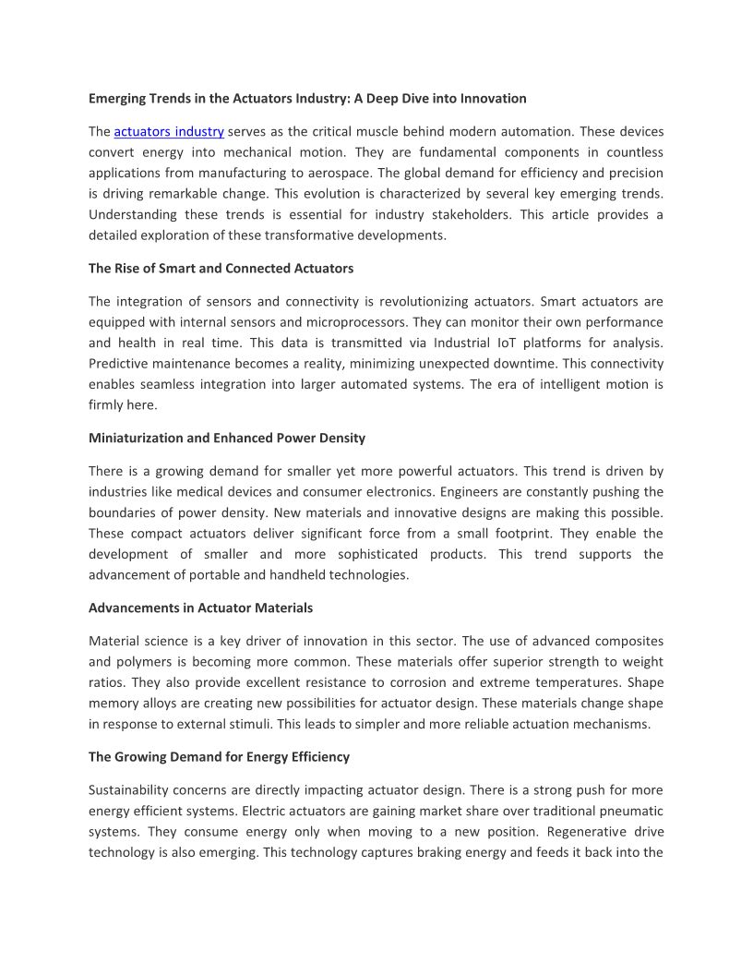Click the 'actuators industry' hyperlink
[x=169, y=132]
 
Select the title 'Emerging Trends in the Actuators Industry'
[x=307, y=98]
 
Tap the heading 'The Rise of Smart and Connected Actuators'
[x=221, y=269]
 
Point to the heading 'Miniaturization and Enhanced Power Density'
[x=227, y=438]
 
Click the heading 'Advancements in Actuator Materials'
[x=200, y=608]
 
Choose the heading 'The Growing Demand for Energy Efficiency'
[x=219, y=757]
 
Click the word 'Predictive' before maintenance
[x=117, y=364]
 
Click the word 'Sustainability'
[x=130, y=790]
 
